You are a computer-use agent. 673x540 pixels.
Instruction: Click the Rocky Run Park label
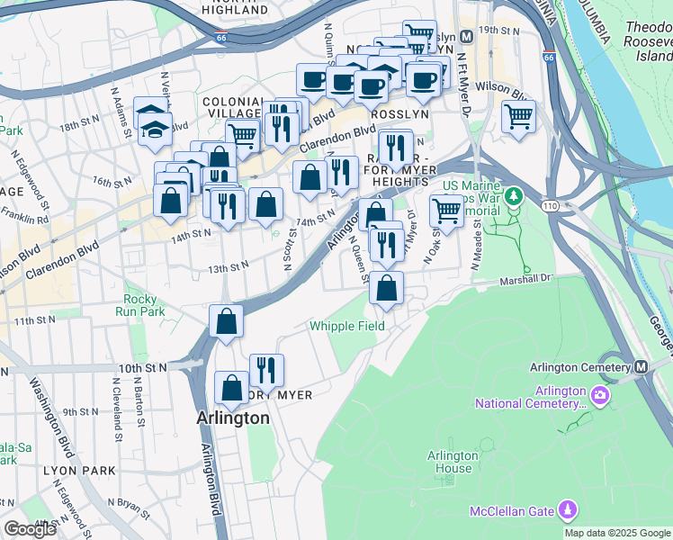point(140,305)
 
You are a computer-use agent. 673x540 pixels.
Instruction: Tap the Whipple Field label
point(347,326)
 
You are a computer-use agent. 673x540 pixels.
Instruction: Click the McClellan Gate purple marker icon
point(568,510)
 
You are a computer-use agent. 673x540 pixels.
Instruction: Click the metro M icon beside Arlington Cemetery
point(641,367)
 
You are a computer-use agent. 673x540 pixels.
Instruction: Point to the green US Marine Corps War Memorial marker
point(514,194)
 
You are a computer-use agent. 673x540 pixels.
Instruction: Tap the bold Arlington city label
point(233,418)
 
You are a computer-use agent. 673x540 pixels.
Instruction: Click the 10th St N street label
point(142,368)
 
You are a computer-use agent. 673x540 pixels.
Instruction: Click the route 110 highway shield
point(548,207)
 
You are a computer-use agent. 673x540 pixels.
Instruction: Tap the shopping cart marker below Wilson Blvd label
point(518,116)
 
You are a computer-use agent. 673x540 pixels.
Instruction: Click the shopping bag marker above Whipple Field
point(386,288)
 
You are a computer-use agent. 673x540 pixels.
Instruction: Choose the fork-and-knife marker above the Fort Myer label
point(266,369)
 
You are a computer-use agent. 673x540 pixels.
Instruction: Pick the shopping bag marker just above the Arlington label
point(231,388)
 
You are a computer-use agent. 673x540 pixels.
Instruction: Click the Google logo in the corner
point(30,529)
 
